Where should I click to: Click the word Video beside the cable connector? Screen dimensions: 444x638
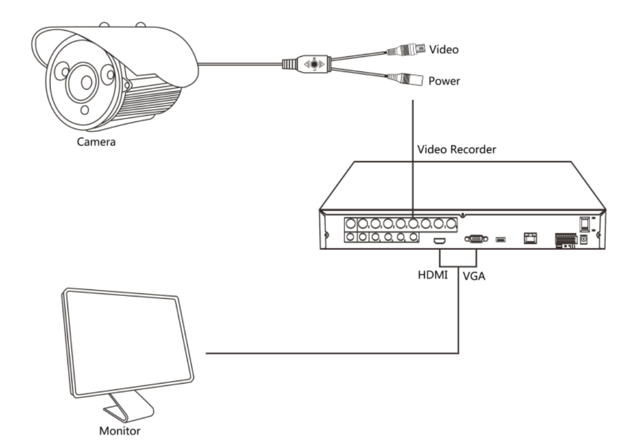pos(444,50)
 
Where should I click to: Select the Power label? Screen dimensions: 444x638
pos(445,81)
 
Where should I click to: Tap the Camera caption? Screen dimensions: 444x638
pos(96,141)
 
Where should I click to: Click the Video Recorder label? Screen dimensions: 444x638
pos(456,150)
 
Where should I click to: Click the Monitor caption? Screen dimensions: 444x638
pos(119,431)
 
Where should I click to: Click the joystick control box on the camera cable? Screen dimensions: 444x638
pos(314,64)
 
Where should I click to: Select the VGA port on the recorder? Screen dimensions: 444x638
pos(474,238)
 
